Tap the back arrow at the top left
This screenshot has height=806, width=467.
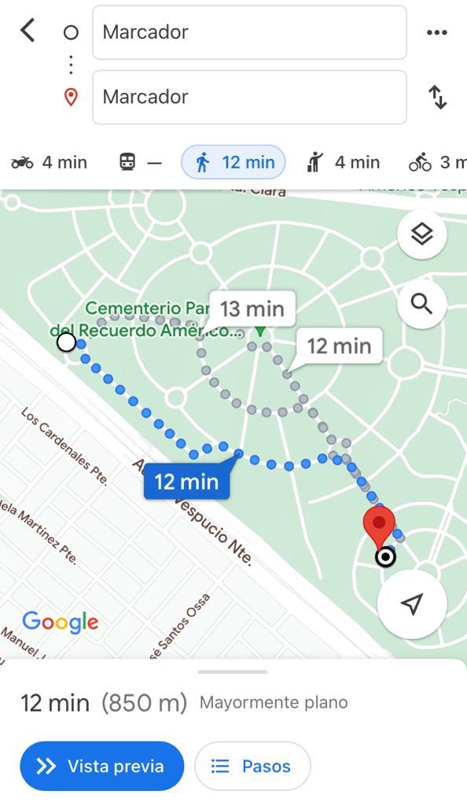(x=28, y=31)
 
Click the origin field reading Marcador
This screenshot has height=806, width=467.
(x=249, y=32)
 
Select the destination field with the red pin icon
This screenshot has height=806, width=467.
(x=249, y=97)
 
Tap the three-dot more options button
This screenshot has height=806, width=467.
(x=436, y=32)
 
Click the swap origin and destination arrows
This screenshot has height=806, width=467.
(x=437, y=97)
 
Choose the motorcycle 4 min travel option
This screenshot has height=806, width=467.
(x=49, y=162)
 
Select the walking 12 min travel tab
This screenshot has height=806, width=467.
(x=233, y=162)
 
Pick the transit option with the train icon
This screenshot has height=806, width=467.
(x=140, y=162)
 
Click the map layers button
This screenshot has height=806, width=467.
(x=422, y=234)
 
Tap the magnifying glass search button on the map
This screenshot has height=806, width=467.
(x=422, y=304)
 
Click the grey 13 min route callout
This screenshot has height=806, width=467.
(x=252, y=309)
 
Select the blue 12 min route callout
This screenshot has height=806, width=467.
(x=186, y=481)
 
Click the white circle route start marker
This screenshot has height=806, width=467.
(x=67, y=342)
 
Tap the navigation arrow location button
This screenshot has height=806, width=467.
(x=412, y=604)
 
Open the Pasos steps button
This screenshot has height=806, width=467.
(x=252, y=766)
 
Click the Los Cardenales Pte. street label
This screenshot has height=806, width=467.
(x=63, y=446)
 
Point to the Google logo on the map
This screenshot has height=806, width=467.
(x=61, y=622)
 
